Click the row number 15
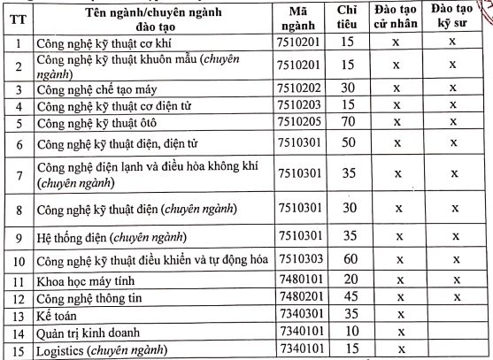click(x=17, y=351)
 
